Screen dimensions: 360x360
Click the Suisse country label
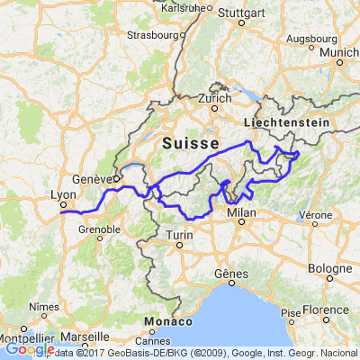191,144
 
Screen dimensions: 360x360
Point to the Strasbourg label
152,36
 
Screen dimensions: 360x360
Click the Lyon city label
62,193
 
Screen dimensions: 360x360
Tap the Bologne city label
329,269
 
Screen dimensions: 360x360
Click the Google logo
29,349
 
